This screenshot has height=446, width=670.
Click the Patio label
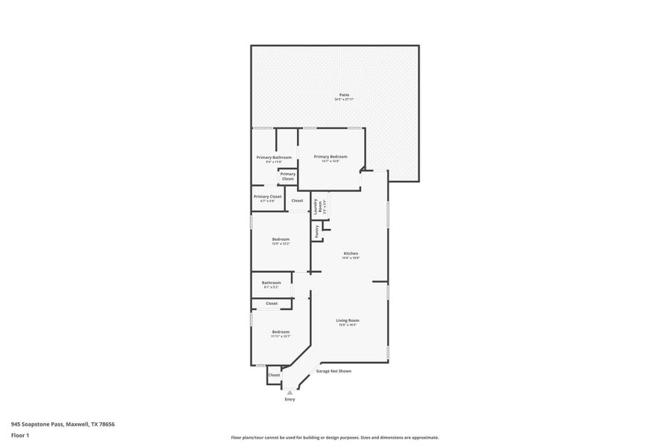344,94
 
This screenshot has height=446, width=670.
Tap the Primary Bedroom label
331,156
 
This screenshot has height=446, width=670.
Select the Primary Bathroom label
274,157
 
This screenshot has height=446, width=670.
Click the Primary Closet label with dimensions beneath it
267,196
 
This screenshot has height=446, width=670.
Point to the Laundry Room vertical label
316,206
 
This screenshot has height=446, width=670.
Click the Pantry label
316,231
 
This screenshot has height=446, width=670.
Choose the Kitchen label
351,253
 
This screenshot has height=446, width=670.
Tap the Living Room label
348,320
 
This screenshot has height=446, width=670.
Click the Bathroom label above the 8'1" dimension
271,282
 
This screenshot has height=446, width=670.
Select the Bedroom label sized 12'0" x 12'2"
281,239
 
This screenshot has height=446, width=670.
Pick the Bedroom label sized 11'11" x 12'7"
281,332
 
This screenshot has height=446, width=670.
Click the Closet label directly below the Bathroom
272,303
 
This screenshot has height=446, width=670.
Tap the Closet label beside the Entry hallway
275,375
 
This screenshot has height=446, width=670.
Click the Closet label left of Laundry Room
297,201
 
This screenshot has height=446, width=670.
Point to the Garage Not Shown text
334,371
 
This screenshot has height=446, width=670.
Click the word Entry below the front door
290,399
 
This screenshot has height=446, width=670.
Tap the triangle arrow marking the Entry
290,392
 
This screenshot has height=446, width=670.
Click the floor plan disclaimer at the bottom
335,437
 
